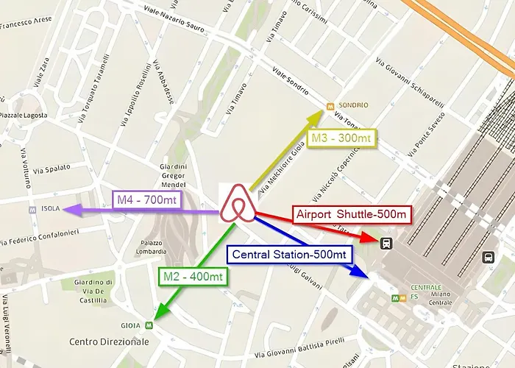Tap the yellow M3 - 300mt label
(341, 138)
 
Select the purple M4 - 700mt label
(147, 199)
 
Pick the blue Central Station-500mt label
(289, 255)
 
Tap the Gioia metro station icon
(149, 324)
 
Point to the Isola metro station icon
(32, 209)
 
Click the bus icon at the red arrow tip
(386, 244)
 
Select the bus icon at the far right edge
(487, 257)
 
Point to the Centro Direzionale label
(109, 342)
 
